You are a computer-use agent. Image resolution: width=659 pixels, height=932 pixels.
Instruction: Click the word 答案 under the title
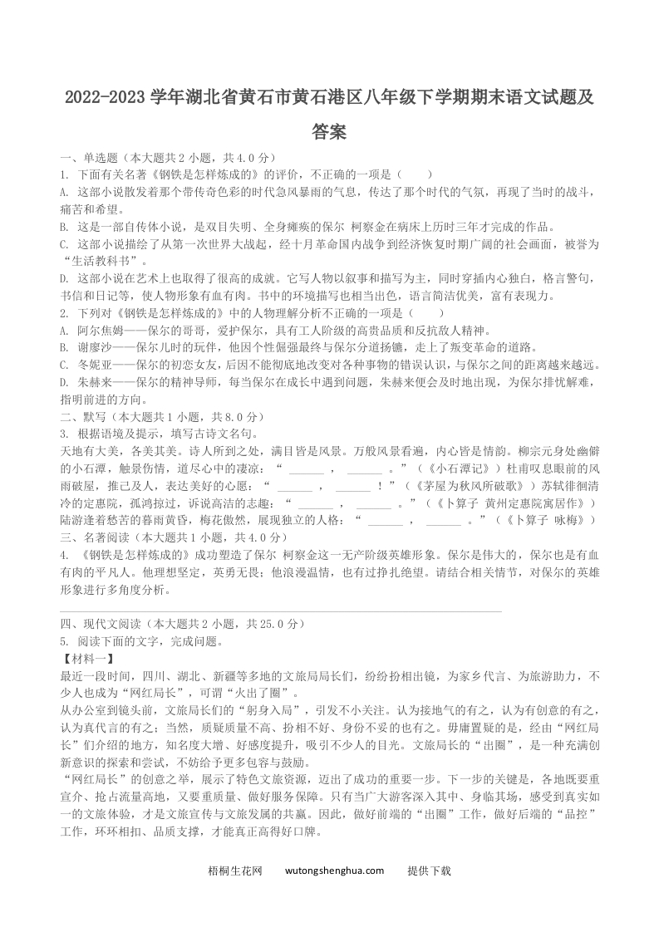329,132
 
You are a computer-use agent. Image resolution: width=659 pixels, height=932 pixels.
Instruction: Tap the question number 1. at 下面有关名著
65,175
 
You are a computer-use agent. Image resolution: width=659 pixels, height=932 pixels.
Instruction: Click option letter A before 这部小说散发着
64,192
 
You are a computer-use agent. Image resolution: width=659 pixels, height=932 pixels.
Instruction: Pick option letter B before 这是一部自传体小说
64,226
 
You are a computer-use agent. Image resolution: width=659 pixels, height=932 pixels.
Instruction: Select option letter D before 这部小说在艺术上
64,277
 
